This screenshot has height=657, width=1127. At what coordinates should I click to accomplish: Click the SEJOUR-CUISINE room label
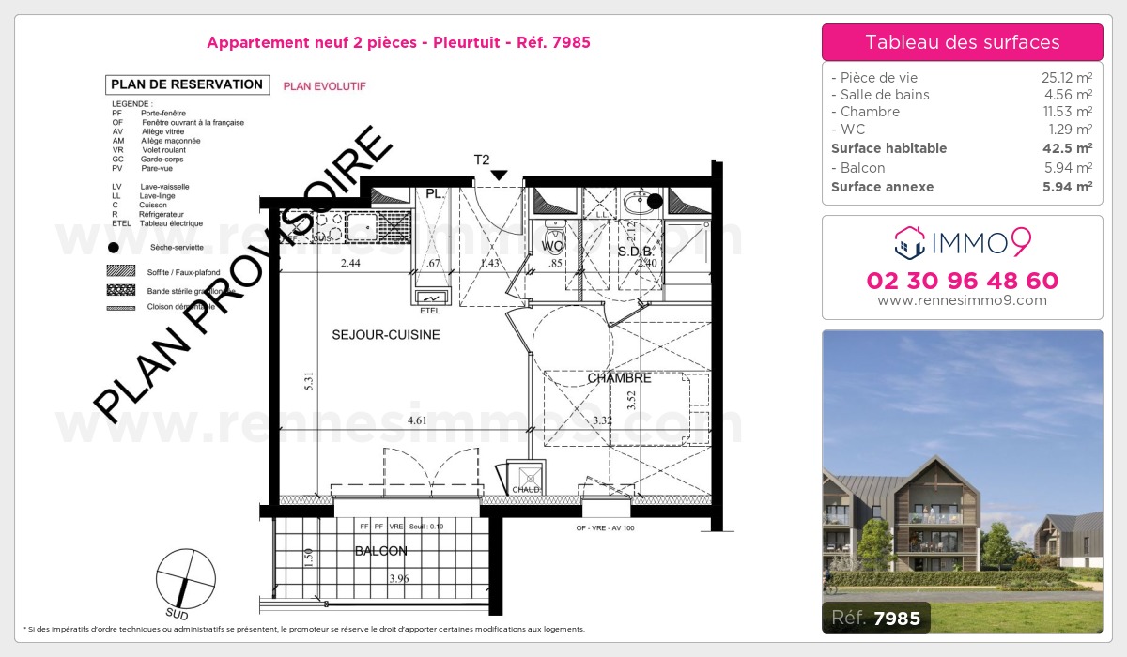[385, 335]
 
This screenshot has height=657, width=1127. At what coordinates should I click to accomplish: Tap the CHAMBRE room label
[619, 378]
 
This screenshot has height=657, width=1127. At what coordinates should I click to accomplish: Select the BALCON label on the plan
[380, 551]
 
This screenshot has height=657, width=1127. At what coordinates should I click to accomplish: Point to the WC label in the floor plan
[552, 248]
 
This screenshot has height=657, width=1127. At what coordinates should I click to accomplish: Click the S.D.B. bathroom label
[635, 252]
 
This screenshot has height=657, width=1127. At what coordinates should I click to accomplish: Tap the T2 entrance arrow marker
[499, 175]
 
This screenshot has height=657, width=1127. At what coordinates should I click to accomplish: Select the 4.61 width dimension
[417, 420]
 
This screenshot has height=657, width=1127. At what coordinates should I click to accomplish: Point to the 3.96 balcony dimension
[399, 579]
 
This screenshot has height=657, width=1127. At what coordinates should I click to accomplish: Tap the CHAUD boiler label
[525, 490]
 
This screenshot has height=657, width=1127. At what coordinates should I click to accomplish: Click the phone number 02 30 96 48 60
[962, 281]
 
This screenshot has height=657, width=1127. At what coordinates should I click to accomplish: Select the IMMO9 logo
[962, 243]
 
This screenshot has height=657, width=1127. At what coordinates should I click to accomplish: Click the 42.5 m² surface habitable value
[1070, 148]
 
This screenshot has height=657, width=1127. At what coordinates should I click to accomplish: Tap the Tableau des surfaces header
[962, 42]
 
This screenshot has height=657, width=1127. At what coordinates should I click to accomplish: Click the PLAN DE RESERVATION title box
[187, 84]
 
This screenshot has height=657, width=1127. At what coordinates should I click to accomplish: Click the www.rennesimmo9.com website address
[962, 300]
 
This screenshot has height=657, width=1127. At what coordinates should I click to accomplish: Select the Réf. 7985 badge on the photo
[876, 618]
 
